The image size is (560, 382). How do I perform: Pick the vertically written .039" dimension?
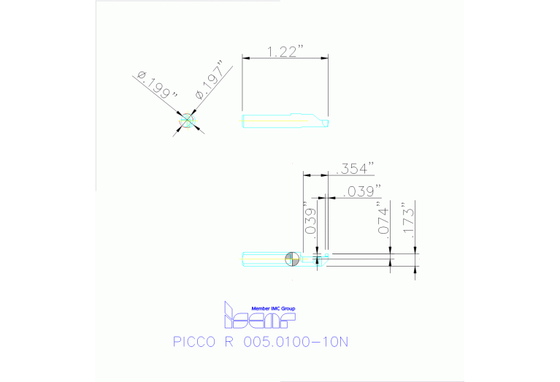309,218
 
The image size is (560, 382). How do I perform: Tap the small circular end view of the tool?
188,121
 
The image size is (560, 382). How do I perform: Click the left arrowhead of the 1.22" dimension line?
245,58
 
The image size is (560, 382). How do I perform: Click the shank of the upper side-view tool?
266,120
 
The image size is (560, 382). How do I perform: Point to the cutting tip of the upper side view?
323,121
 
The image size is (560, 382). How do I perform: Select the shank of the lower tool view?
263,259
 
